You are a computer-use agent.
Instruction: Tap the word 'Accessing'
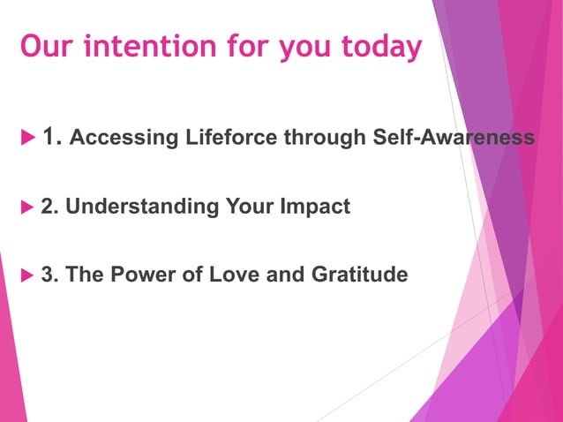114,138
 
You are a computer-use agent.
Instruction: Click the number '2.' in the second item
50,207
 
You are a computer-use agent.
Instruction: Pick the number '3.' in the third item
50,275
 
